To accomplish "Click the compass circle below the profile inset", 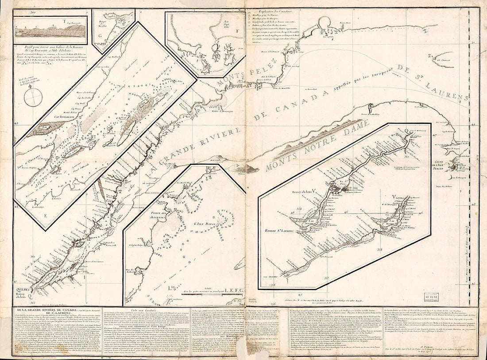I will [32, 98].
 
